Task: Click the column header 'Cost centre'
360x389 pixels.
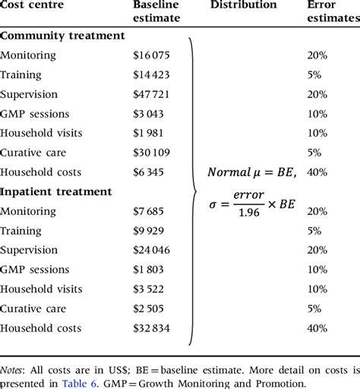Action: click(31, 5)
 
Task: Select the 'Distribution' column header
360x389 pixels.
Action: click(243, 5)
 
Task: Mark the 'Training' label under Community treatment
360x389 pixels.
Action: click(21, 74)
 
